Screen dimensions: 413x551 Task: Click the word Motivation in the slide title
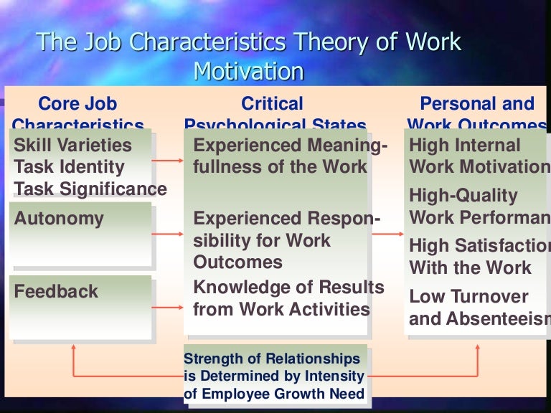pos(249,72)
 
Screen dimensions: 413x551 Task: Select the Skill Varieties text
pos(73,146)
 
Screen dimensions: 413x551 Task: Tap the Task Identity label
pos(70,167)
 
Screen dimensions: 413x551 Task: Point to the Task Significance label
pos(90,189)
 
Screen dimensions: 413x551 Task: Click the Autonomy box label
pos(59,219)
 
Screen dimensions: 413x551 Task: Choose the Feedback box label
pos(56,292)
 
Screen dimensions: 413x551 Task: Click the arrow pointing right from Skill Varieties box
pos(169,161)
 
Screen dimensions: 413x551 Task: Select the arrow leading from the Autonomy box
pos(169,234)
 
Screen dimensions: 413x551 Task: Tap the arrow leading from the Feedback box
pos(169,308)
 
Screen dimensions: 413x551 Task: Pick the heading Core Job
pos(77,104)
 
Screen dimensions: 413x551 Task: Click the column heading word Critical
pos(272,104)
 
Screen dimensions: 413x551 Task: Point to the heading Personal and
pos(477,104)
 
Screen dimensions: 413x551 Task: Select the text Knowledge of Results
pos(289,288)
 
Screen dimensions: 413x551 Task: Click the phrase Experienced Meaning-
pos(291,146)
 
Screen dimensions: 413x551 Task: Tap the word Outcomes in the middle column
pos(228,262)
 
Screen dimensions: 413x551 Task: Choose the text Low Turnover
pos(468,297)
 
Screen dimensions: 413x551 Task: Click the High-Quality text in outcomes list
pos(463,195)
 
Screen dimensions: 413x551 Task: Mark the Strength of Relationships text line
pos(272,359)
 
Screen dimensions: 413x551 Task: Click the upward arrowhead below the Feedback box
pos(72,347)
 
